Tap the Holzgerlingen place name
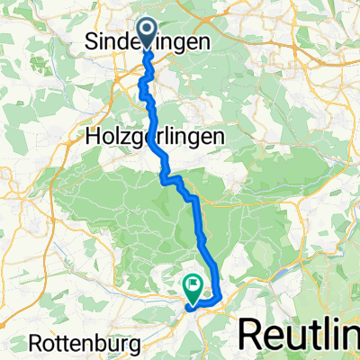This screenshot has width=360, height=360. (x=150, y=137)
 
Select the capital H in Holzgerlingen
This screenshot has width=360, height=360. (x=94, y=137)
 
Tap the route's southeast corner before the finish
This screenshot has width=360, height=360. (x=219, y=295)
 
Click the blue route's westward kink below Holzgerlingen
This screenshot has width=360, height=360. (x=164, y=179)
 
